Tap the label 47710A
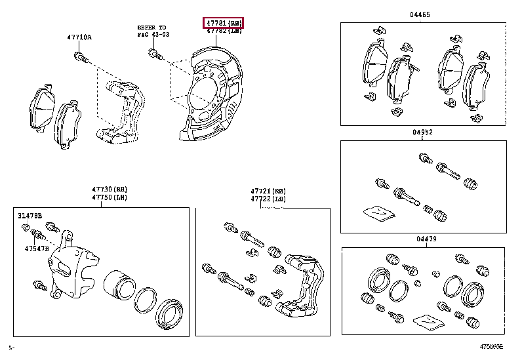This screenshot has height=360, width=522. (78, 37)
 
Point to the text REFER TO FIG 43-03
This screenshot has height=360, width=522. (153, 30)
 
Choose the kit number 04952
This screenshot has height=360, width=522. (422, 132)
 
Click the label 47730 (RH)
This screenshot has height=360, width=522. (110, 190)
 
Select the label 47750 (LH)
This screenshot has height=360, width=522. (110, 197)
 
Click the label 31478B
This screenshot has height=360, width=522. (30, 215)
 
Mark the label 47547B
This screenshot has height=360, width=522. (37, 249)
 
